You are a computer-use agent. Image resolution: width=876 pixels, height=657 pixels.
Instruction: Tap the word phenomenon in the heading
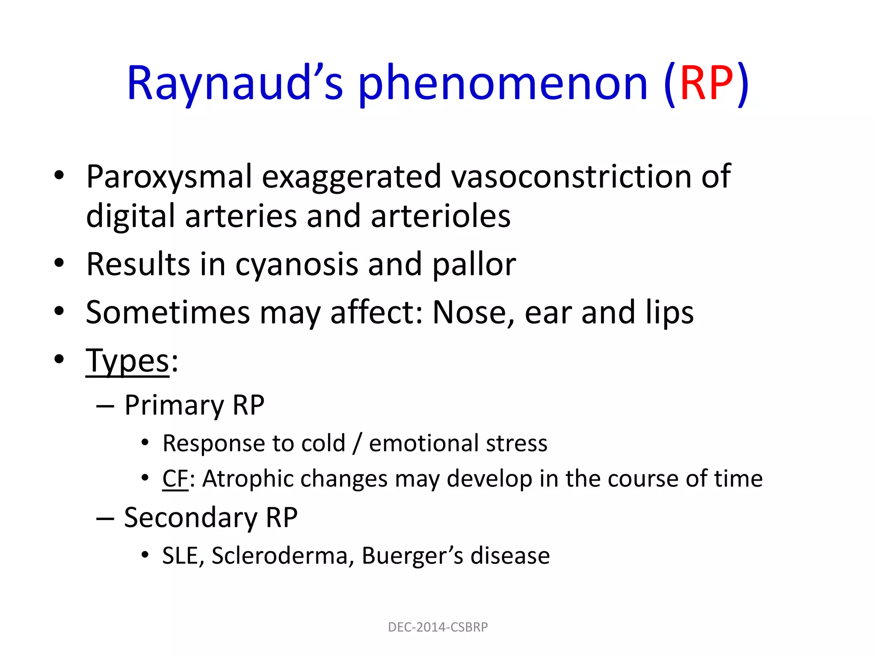tap(503, 84)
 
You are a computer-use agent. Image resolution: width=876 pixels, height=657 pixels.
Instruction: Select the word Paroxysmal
tap(169, 177)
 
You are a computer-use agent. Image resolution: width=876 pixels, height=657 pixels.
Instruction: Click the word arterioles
tap(441, 216)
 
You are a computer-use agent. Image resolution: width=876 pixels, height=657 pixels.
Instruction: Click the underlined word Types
tap(128, 362)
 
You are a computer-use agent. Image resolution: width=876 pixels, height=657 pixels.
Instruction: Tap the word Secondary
tap(190, 518)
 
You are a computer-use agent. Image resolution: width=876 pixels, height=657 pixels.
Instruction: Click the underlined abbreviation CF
tap(175, 479)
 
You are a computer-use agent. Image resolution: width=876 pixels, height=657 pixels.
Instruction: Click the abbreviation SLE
tap(180, 556)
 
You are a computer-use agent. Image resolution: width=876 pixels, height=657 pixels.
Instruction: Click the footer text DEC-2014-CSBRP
tap(438, 627)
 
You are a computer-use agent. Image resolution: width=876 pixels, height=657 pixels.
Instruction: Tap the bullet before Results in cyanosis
tap(59, 263)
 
